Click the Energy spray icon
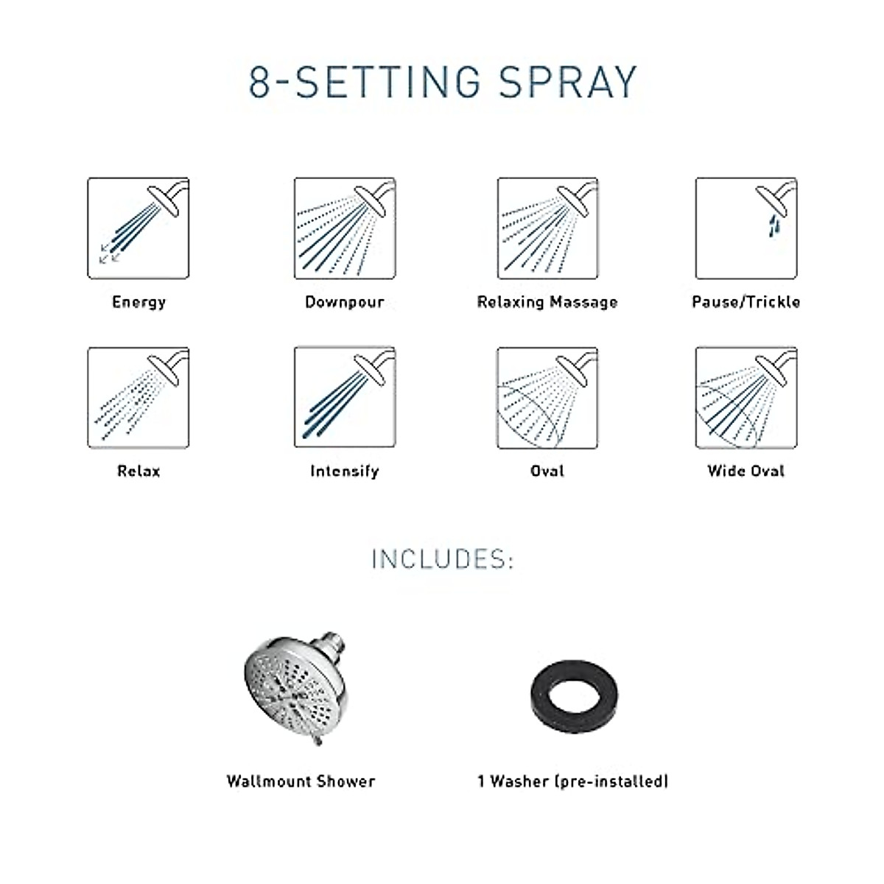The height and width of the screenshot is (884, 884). [x=138, y=228]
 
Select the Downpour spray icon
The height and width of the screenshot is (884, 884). [x=345, y=228]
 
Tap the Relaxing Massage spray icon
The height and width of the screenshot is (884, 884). [x=547, y=228]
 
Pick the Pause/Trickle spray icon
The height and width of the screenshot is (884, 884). [x=746, y=228]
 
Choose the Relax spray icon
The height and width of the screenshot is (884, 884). [x=138, y=398]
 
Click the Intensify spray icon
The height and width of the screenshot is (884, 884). [x=345, y=398]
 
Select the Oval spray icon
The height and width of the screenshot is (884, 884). [x=547, y=398]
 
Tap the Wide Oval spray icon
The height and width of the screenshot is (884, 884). [x=746, y=398]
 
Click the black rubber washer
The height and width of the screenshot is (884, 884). [x=574, y=695]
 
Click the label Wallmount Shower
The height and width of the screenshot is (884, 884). [x=301, y=782]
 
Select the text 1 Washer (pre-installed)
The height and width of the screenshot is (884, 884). [x=573, y=782]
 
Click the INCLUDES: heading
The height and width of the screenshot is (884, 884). [x=442, y=559]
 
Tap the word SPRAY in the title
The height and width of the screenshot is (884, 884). [x=567, y=82]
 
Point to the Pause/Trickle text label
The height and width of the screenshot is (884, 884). [x=746, y=302]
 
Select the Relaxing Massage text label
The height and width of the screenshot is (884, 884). [x=547, y=302]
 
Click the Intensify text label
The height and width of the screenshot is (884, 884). [x=344, y=471]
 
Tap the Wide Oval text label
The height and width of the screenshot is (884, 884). [x=746, y=471]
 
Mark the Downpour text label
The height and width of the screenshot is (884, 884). [x=344, y=302]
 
